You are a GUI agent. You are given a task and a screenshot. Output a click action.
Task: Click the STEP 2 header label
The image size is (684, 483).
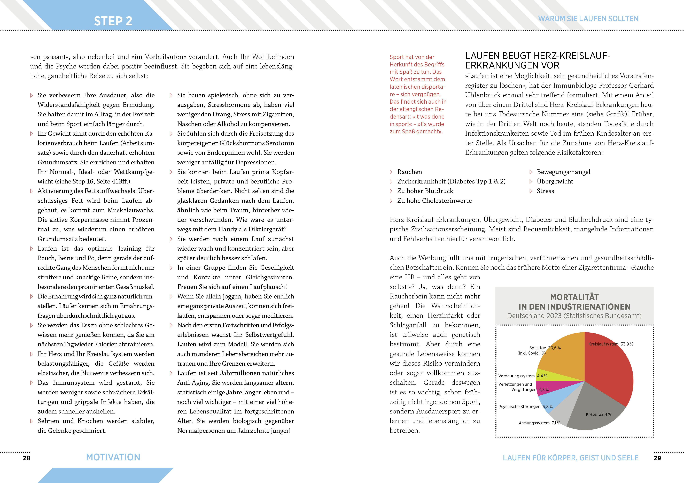[x=113, y=21]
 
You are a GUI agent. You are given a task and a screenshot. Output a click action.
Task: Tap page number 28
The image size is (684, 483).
[x=27, y=458]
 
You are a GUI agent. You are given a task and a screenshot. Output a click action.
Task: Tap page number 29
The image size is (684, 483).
[x=657, y=458]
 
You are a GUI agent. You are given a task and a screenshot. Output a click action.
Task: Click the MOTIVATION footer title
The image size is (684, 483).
[x=113, y=457]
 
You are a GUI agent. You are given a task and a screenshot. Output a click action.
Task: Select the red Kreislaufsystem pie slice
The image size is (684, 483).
[x=611, y=375]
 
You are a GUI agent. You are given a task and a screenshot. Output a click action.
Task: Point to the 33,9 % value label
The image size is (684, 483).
[x=627, y=344]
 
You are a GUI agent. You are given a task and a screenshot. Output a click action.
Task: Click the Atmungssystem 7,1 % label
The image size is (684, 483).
[x=539, y=423]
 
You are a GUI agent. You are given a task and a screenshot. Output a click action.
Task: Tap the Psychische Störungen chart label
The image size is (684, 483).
[x=519, y=407]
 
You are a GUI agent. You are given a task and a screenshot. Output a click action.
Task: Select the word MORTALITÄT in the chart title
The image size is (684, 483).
[x=574, y=297]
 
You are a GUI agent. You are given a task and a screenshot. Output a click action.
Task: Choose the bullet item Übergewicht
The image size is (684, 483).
[x=555, y=181]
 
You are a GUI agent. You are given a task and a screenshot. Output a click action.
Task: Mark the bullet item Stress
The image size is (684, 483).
[x=545, y=191]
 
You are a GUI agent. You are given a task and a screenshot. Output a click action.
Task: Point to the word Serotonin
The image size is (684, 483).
[x=280, y=143]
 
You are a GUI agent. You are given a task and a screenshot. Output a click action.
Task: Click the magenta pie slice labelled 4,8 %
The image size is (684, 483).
[x=548, y=387]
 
